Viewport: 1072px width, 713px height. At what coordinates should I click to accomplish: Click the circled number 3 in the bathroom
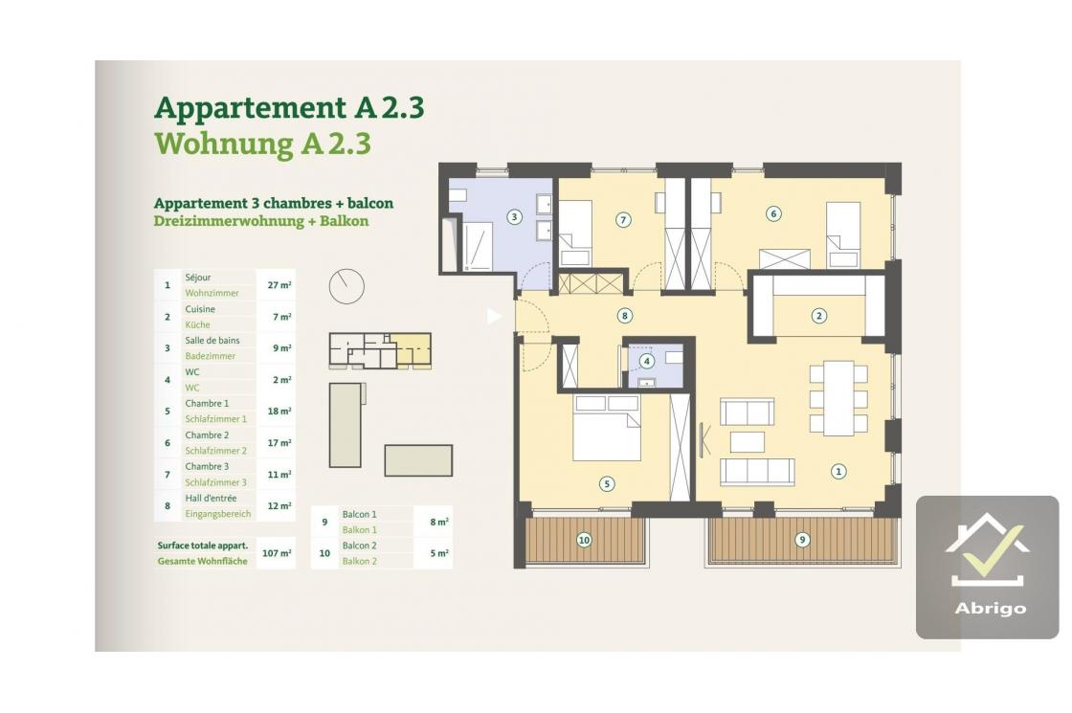point(514,217)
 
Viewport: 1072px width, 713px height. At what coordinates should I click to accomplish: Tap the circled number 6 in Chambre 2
point(773,214)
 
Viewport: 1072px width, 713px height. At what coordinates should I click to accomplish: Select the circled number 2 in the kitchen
point(819,315)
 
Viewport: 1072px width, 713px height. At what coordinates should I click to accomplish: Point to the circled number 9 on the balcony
point(802,540)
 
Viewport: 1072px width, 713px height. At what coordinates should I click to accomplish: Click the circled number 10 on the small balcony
point(584,540)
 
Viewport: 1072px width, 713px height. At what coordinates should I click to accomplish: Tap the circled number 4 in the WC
point(647,361)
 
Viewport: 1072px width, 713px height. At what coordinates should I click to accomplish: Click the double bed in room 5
point(607,428)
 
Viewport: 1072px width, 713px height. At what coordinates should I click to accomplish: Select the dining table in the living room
point(838,398)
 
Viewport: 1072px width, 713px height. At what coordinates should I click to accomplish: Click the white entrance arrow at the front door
point(494,316)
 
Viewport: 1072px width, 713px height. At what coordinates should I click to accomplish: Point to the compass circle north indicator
point(346,286)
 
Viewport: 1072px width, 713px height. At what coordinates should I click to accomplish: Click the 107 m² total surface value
point(277,553)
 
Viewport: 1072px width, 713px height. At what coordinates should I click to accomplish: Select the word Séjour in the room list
point(197,278)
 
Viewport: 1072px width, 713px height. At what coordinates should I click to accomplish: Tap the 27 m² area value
point(279,285)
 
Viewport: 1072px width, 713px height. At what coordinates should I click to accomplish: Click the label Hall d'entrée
point(211,499)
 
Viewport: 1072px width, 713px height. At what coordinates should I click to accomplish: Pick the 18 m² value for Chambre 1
point(279,412)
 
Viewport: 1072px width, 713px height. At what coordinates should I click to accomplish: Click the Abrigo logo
point(987,568)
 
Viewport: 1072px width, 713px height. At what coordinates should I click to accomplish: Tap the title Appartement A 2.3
point(289,108)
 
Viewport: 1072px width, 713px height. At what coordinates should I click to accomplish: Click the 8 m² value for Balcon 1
point(439,523)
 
